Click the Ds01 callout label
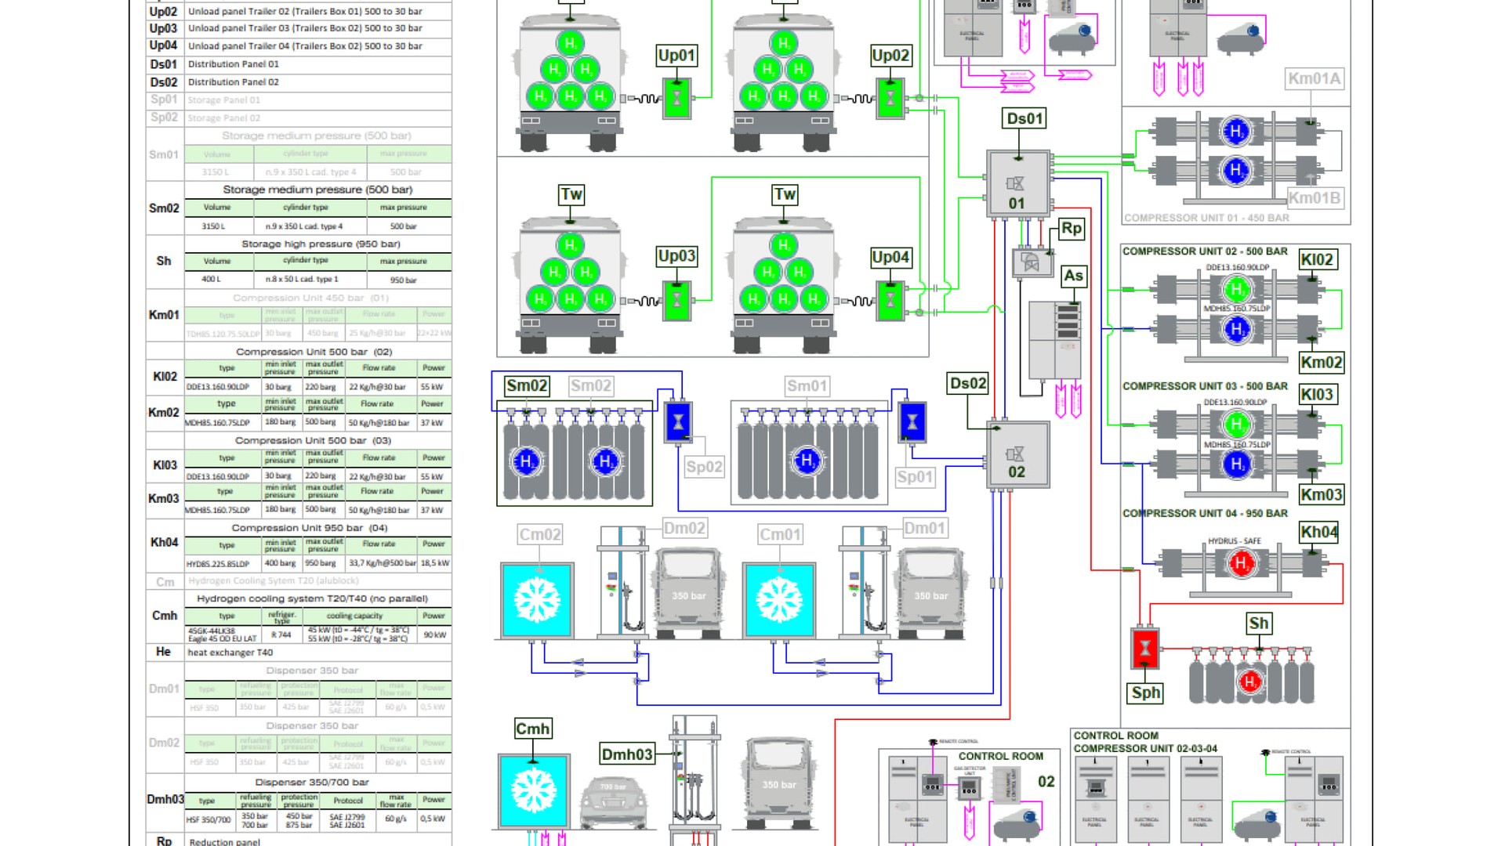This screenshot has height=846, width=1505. (1024, 119)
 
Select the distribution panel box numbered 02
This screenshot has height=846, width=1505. (1017, 455)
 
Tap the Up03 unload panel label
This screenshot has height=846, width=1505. (676, 256)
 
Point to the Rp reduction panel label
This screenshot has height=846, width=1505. (1072, 229)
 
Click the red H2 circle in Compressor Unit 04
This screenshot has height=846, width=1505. (1240, 562)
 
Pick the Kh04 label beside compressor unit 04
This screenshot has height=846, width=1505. (1318, 533)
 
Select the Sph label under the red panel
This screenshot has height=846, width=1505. (1145, 692)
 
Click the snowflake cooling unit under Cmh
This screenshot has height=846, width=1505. (534, 790)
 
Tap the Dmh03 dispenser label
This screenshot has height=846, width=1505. (626, 754)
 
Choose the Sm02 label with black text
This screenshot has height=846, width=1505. (526, 385)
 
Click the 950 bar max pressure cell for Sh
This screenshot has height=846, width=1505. (403, 280)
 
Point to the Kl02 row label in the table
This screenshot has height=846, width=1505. (165, 377)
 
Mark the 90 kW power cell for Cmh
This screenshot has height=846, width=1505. (434, 634)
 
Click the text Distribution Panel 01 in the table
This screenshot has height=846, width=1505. (233, 64)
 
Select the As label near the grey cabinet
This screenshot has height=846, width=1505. (1073, 276)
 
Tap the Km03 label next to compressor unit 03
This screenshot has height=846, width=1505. (1321, 494)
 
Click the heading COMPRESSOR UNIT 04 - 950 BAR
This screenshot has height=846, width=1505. (1205, 514)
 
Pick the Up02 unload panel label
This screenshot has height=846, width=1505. (890, 56)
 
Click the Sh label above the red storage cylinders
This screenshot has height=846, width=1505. (1258, 624)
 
